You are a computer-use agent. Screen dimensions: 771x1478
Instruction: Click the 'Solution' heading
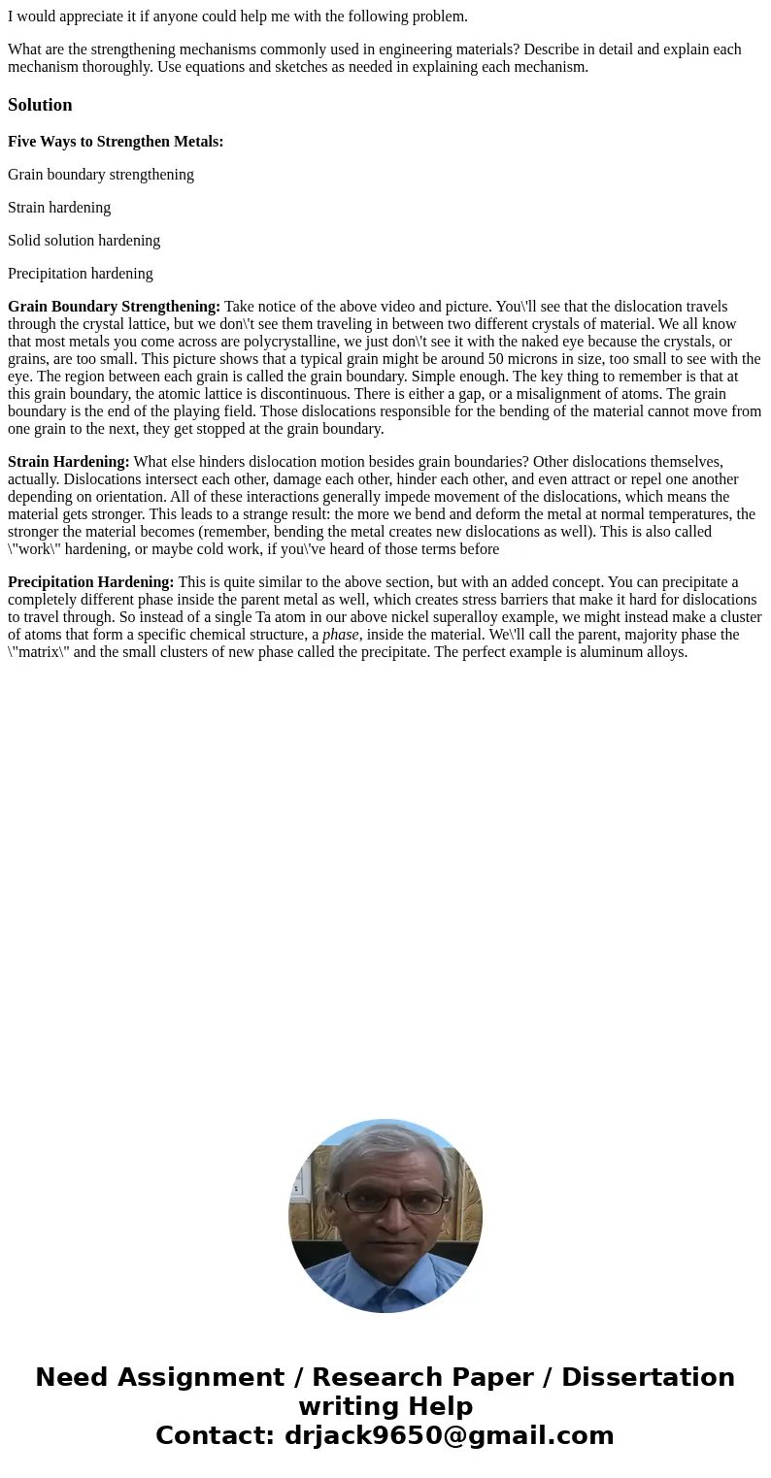pos(40,105)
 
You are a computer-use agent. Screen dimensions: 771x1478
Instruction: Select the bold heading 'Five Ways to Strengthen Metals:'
pos(116,142)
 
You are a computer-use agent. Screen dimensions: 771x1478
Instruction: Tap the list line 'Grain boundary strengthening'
pos(101,175)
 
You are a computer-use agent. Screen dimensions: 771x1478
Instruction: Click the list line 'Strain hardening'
pos(59,208)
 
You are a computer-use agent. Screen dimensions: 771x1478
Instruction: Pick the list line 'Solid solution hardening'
pos(84,241)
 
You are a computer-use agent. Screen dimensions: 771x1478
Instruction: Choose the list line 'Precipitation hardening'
pos(81,274)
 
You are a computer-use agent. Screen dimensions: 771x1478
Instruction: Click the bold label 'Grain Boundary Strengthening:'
pos(114,307)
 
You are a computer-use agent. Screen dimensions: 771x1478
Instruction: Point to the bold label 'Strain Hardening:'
pos(69,462)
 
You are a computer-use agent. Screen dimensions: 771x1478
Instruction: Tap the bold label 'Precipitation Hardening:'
pos(91,582)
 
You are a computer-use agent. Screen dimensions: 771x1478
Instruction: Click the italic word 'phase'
pos(341,635)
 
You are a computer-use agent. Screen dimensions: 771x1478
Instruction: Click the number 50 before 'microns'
pos(496,359)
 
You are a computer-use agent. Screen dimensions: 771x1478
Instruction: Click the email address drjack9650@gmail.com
pos(449,1435)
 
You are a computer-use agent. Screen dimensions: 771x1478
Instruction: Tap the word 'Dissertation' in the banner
pos(648,1378)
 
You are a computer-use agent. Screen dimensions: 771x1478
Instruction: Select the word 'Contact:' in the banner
pos(216,1435)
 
